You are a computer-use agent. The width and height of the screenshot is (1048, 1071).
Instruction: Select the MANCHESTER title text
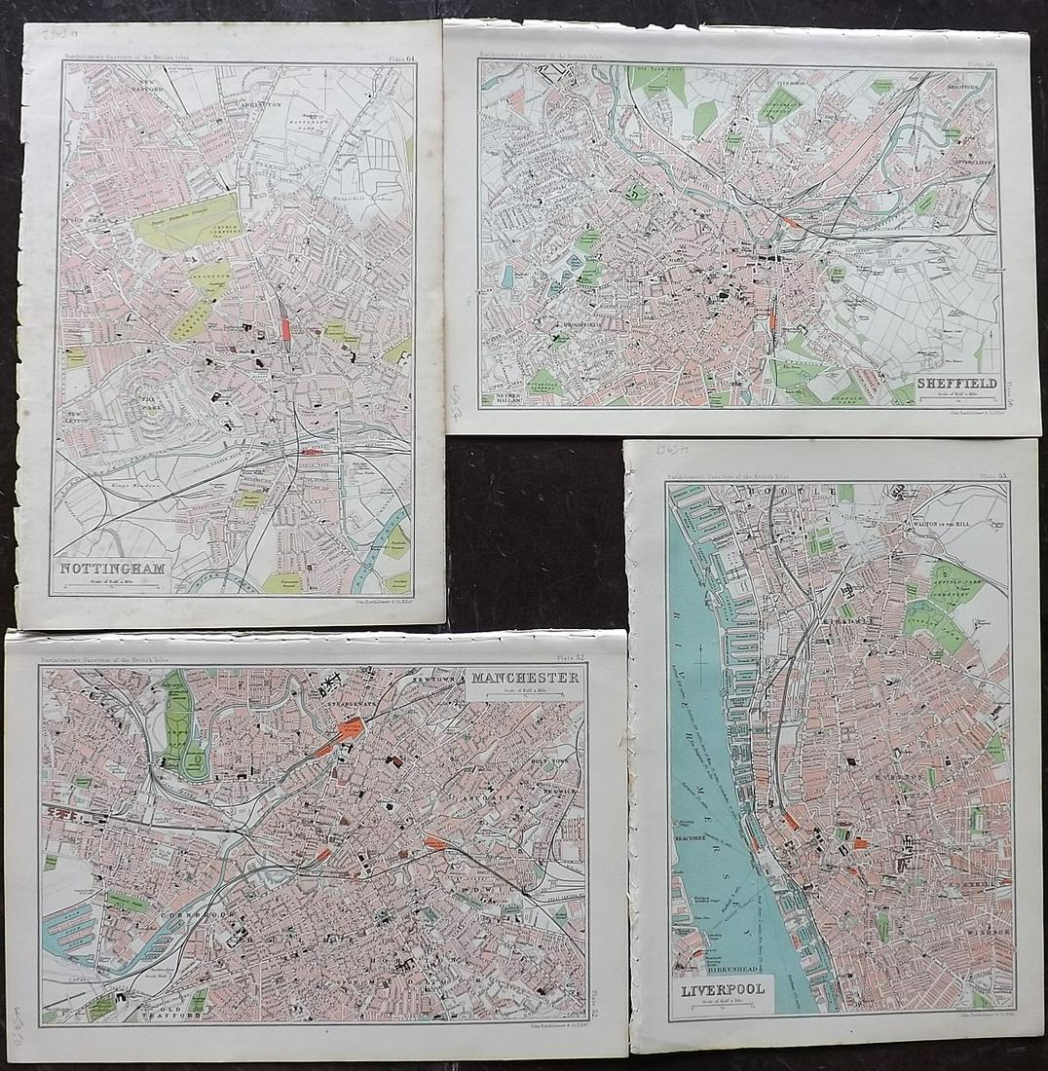[x=526, y=678]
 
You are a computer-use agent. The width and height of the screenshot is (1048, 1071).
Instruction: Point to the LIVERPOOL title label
[x=722, y=989]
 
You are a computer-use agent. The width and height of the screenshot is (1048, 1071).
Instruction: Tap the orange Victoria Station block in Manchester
[x=349, y=729]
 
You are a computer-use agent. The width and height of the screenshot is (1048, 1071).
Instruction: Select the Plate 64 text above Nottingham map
[x=395, y=57]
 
